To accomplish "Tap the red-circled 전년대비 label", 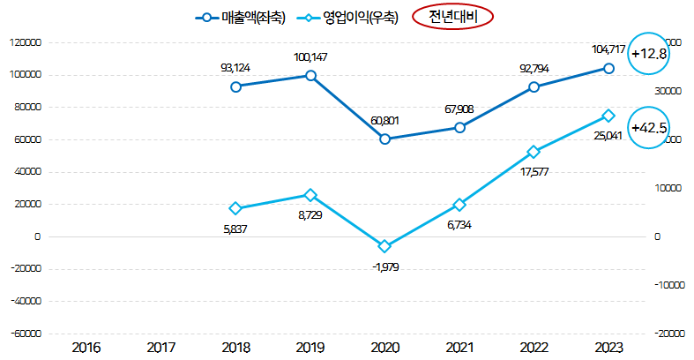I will click(x=453, y=17).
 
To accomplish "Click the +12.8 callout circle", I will click(x=649, y=54).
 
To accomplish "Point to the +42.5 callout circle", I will click(x=649, y=128).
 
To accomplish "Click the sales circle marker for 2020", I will click(x=384, y=139).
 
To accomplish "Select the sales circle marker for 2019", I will click(x=310, y=75).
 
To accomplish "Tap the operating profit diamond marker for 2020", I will click(x=384, y=246).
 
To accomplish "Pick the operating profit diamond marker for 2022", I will click(x=534, y=152).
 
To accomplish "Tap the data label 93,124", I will click(x=236, y=67).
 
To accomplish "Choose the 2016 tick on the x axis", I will click(x=86, y=347).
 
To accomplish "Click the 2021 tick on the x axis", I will click(x=459, y=347).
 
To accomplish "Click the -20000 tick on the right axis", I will click(x=670, y=334).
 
